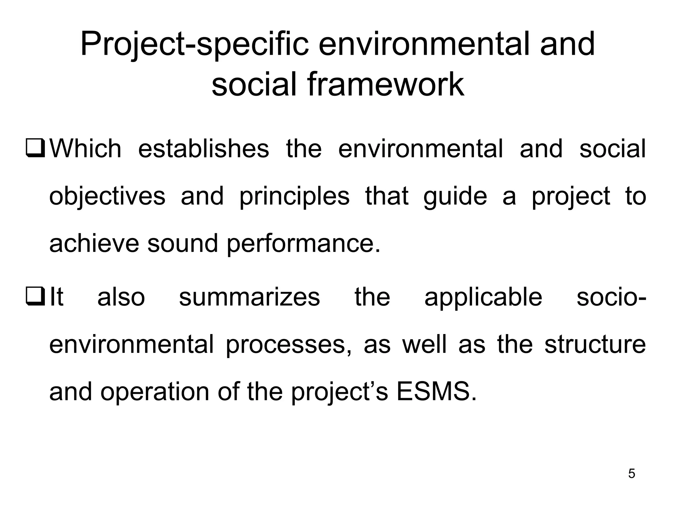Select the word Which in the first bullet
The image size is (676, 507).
[x=85, y=149]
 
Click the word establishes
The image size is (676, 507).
[x=203, y=149]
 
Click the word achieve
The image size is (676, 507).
[x=94, y=244]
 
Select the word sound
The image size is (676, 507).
[x=183, y=244]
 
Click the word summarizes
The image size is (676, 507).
[x=249, y=297]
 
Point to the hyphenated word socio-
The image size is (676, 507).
[x=611, y=297]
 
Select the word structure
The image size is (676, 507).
[x=595, y=345]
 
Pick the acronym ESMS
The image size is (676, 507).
[x=436, y=392]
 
